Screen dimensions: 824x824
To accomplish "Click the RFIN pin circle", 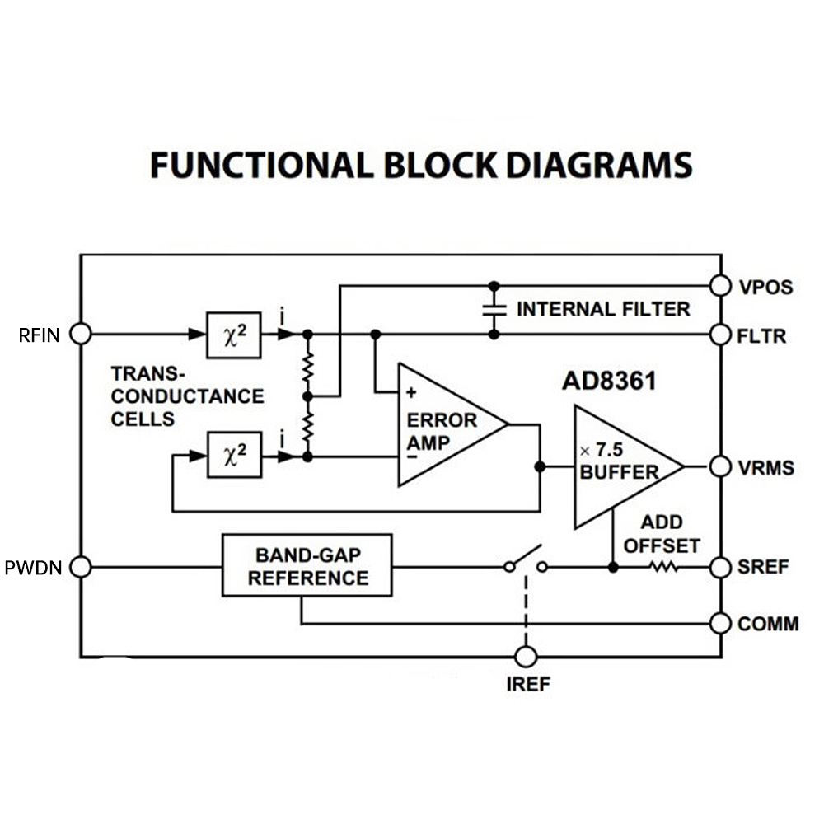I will [x=80, y=334].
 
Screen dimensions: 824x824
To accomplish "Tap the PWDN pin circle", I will [x=80, y=567].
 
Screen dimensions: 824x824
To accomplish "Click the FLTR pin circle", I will [x=721, y=335].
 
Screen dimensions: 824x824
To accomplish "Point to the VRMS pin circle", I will [x=721, y=467].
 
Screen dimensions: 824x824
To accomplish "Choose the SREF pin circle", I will [x=721, y=567].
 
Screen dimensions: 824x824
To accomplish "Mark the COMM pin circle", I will [x=721, y=624].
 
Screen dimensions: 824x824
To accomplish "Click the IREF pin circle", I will [x=526, y=657].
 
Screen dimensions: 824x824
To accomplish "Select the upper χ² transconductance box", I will [x=234, y=335].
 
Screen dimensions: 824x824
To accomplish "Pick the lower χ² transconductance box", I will [x=234, y=454].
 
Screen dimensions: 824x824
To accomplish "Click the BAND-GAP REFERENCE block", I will [x=307, y=566].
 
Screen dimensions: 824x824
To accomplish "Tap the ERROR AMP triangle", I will [x=445, y=425].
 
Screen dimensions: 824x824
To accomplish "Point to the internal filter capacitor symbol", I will [x=494, y=310].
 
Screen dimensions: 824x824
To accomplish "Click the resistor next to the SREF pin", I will [x=662, y=567].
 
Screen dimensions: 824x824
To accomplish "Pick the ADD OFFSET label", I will [x=662, y=534].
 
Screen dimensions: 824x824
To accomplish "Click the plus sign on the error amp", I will [x=411, y=394].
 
